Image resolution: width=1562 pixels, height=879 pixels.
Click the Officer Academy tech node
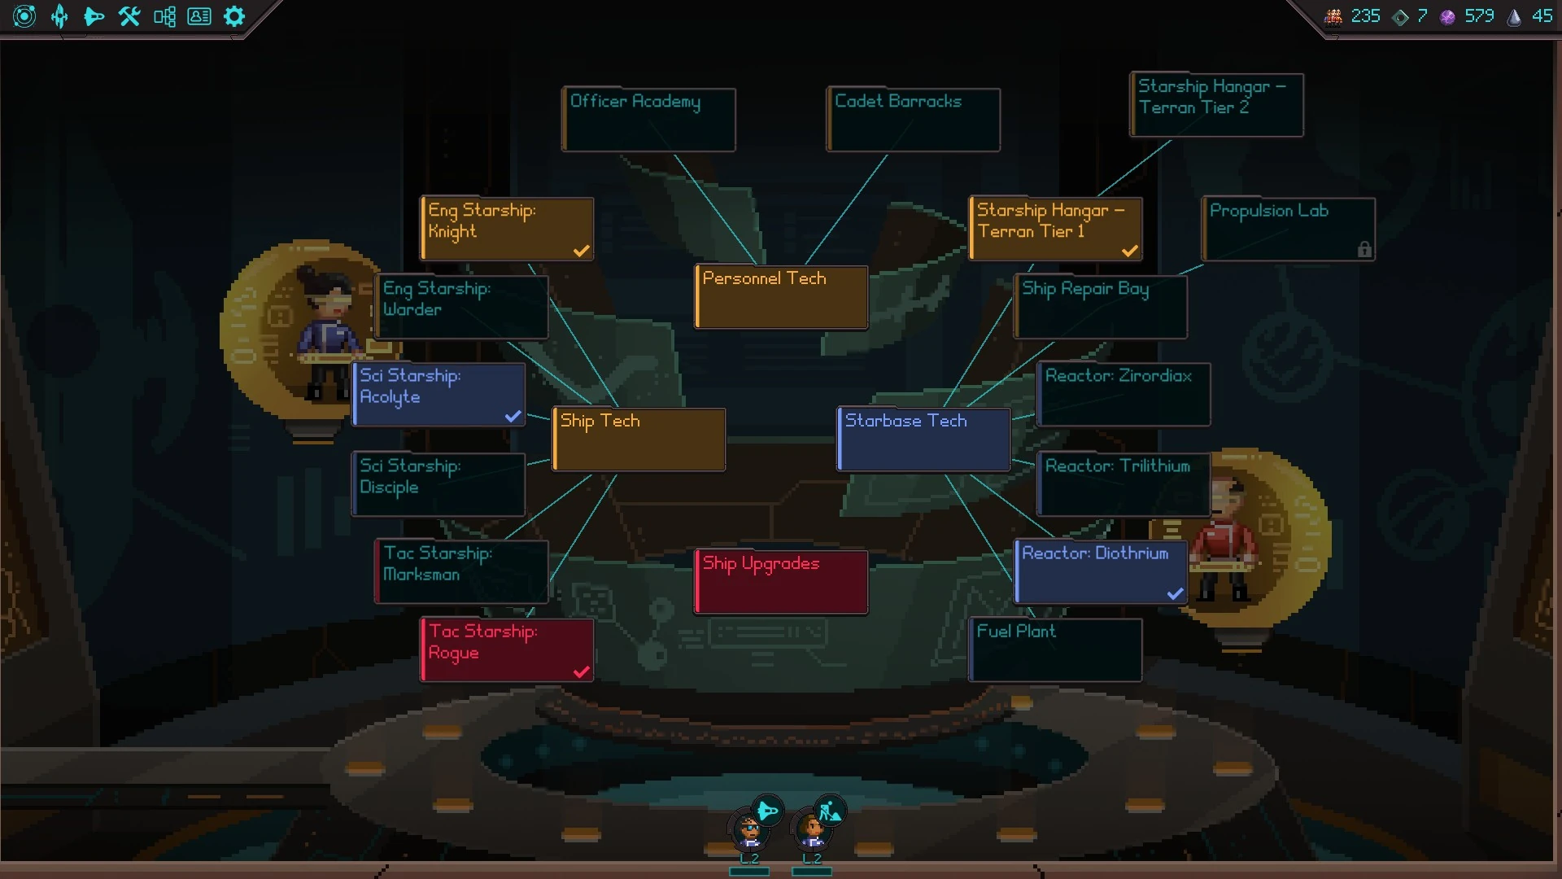coord(648,120)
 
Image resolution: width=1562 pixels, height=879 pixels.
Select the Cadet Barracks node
coord(913,120)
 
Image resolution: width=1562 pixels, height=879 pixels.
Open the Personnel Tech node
coord(781,297)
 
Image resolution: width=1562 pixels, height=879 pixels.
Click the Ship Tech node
coord(639,439)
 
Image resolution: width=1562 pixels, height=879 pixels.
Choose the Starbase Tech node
coord(923,439)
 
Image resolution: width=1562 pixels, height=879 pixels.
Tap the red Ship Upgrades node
coord(781,582)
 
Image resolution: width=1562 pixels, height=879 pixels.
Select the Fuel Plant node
coord(1055,649)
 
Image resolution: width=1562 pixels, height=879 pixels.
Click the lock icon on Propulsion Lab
coord(1364,250)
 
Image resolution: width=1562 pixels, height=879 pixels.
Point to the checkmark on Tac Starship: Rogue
coord(581,671)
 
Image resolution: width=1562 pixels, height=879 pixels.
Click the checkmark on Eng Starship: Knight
coord(581,251)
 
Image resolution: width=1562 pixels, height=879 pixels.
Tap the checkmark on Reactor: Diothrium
coord(1175,593)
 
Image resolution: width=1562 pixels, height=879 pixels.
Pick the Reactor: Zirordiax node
coord(1124,395)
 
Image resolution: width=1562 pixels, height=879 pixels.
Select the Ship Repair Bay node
coord(1100,307)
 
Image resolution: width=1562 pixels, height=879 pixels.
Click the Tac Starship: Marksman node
coord(461,571)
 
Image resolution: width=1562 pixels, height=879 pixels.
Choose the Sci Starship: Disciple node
coord(438,484)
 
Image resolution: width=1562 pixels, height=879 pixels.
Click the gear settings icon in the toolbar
coord(234,16)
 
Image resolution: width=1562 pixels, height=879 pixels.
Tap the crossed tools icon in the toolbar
coord(129,16)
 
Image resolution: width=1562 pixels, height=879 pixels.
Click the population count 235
coord(1365,16)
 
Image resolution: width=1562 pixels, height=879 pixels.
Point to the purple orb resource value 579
coord(1478,16)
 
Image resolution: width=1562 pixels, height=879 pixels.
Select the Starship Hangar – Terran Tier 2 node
coord(1216,105)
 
